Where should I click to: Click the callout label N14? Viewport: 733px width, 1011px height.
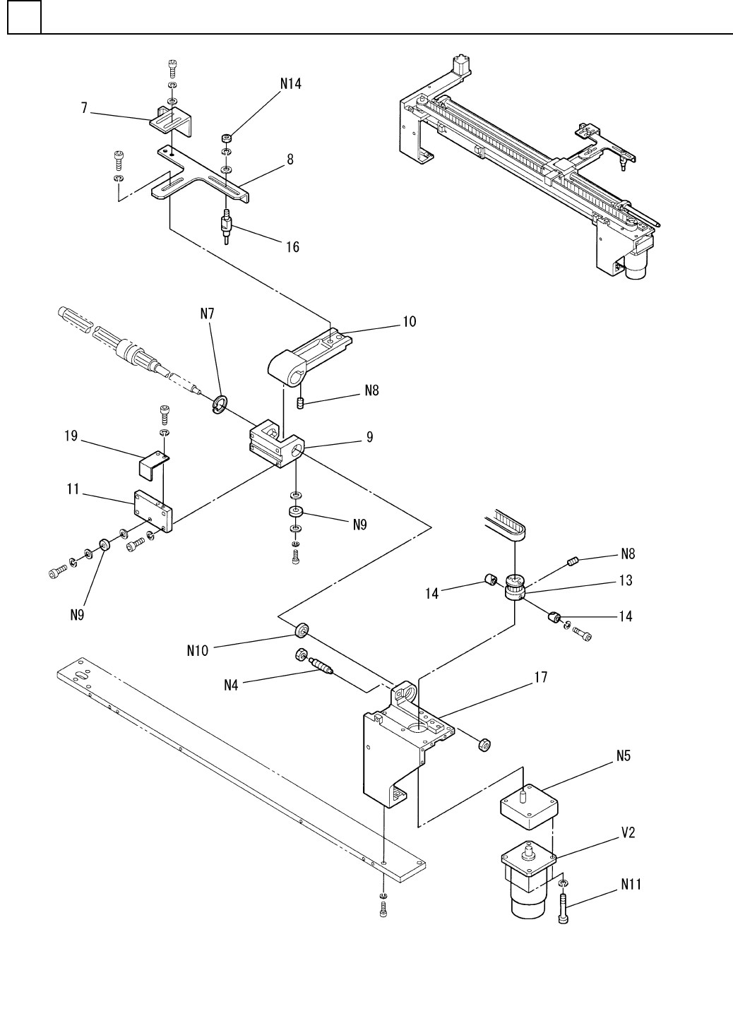(x=290, y=83)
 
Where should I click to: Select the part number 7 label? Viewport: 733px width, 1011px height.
(x=84, y=109)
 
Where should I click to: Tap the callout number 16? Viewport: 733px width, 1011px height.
(x=292, y=246)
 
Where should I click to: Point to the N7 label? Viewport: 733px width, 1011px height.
(x=207, y=313)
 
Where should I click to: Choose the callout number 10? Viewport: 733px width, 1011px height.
(x=410, y=322)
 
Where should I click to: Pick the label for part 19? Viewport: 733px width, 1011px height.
(x=71, y=438)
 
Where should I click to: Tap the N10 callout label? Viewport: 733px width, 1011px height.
(x=198, y=651)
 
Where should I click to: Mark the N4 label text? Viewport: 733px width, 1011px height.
(x=233, y=683)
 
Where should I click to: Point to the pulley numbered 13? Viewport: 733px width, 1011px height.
(x=515, y=588)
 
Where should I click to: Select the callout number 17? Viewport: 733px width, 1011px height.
(x=540, y=678)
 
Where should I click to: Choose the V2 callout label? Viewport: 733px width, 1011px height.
(x=628, y=833)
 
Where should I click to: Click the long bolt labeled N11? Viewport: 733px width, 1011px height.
(x=563, y=908)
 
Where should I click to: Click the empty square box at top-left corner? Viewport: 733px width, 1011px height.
(x=24, y=17)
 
